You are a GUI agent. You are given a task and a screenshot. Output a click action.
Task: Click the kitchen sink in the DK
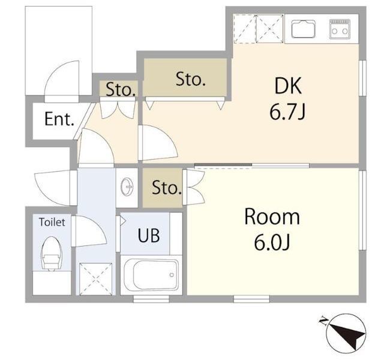(303, 29)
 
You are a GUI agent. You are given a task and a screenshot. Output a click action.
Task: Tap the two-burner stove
(340, 29)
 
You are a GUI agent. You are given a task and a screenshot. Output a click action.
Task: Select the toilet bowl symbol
(52, 253)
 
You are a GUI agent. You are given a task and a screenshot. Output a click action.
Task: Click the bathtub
(151, 275)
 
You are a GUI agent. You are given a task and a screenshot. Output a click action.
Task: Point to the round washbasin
(127, 187)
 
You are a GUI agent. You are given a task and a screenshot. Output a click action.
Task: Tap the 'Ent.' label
(59, 119)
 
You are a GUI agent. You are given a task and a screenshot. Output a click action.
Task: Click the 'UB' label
(149, 235)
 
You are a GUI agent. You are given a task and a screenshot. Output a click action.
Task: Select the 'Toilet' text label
(52, 222)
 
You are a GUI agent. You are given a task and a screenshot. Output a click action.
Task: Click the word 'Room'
(272, 217)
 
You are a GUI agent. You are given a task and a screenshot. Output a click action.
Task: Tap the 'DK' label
(288, 86)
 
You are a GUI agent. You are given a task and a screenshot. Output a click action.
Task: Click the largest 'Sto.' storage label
(191, 79)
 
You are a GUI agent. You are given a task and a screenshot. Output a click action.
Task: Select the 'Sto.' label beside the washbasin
(167, 188)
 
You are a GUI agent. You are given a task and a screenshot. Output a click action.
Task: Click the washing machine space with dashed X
(96, 279)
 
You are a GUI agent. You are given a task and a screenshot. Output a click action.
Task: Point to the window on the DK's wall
(362, 77)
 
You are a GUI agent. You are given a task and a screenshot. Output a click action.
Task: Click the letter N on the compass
(324, 320)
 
